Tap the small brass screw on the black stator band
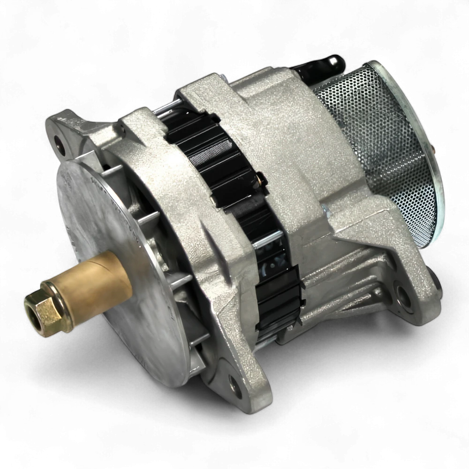261,178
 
